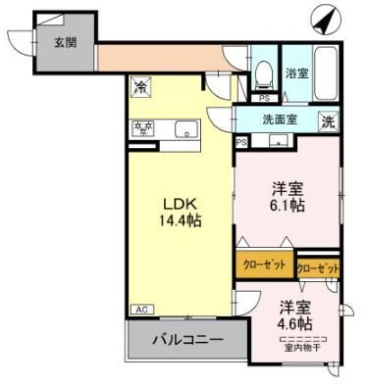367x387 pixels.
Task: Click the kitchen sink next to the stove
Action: [183, 128]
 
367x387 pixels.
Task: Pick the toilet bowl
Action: [263, 73]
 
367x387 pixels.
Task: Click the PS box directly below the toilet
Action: [263, 98]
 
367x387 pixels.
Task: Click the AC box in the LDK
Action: [140, 311]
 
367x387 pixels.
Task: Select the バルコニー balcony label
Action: [186, 342]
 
